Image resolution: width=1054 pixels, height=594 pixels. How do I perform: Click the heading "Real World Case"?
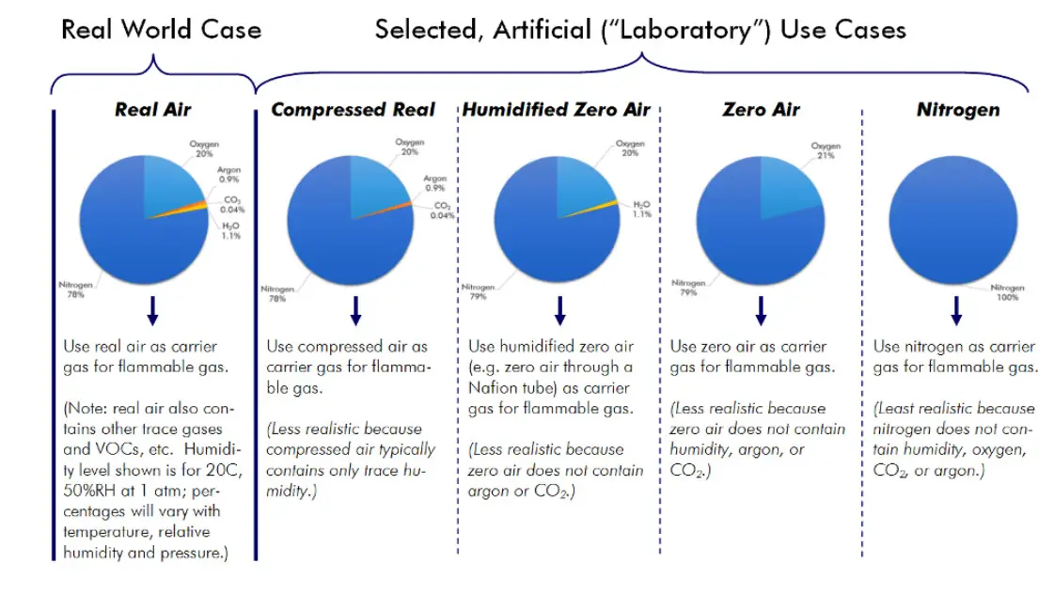[161, 30]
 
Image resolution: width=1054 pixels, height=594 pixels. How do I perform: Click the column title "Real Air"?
[152, 110]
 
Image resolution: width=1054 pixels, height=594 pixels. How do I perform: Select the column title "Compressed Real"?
[353, 110]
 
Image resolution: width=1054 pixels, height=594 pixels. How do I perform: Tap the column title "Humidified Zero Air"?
[556, 110]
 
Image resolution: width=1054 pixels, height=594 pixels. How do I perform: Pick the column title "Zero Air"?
[761, 110]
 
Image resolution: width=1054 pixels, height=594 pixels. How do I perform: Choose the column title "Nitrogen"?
[958, 110]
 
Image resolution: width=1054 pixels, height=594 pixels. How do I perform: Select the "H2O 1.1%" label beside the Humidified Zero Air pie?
[641, 209]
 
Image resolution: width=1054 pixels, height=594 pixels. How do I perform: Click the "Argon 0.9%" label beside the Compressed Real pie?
[434, 181]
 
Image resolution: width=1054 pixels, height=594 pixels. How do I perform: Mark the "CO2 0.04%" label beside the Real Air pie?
[232, 204]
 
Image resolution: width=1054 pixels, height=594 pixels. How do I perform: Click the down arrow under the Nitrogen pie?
[956, 310]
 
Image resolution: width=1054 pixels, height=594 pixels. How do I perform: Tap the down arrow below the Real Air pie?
[152, 310]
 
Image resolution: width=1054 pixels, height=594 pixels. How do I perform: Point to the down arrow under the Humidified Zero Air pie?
[559, 310]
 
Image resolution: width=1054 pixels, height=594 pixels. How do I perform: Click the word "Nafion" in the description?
[494, 388]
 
